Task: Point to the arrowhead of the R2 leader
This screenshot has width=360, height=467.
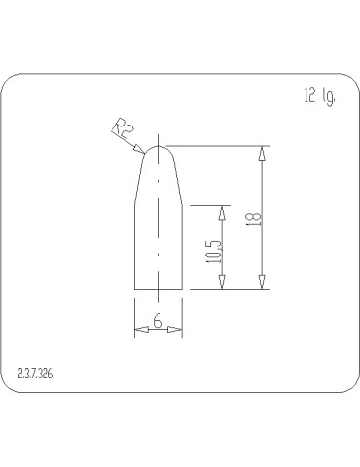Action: (144, 148)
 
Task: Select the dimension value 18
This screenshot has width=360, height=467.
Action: (253, 219)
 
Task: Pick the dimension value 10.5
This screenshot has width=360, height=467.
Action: (214, 251)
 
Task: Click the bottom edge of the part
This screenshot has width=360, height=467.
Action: (159, 289)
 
